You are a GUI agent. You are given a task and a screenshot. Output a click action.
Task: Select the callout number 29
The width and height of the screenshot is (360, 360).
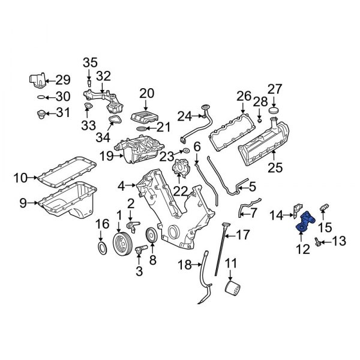[x=63, y=80]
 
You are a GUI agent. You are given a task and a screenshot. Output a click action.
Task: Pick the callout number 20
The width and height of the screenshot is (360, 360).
[x=147, y=93]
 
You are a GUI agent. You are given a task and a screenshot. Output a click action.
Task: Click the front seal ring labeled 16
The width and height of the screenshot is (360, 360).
[x=103, y=248]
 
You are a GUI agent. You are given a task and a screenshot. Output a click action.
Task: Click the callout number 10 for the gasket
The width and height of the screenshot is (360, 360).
[x=20, y=177]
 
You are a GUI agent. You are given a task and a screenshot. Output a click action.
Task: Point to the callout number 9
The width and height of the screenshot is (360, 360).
[x=23, y=203]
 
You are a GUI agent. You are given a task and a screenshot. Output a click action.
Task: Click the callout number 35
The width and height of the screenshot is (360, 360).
[x=89, y=62]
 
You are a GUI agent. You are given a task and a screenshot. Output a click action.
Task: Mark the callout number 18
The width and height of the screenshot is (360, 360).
[x=186, y=265]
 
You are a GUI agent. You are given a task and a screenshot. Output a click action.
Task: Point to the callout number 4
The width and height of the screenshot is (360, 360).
[x=121, y=186]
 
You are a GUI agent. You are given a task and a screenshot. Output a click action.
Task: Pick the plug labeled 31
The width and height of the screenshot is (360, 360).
[x=42, y=112]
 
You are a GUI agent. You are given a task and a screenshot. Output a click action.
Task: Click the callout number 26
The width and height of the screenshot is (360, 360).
[x=243, y=95]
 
